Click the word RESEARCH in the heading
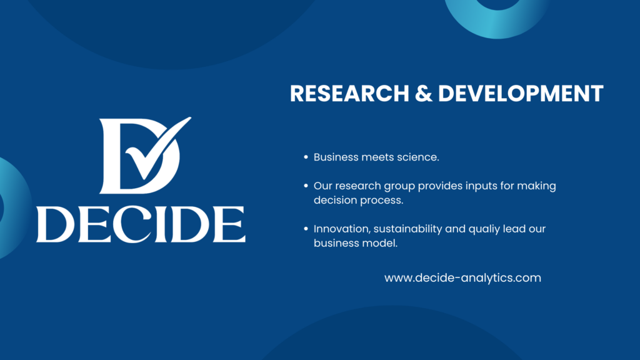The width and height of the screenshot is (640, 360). pos(349,93)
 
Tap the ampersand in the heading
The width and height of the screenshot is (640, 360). pos(424,93)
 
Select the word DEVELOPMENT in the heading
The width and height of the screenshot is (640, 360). pos(521,93)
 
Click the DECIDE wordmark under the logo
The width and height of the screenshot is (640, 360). pos(141,224)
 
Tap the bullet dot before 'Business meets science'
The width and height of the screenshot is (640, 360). pos(306,157)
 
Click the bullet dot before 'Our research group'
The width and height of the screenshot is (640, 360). pos(306,186)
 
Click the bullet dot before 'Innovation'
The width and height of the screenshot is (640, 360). pos(306,229)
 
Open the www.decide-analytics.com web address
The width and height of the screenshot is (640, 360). pos(463,278)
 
